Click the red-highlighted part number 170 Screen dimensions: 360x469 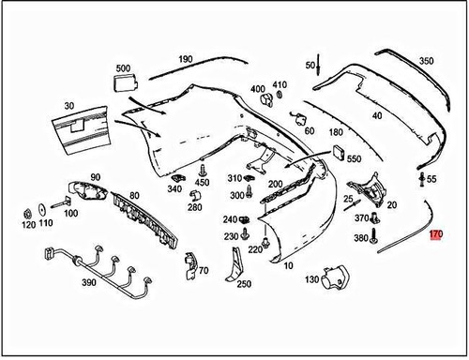(434, 235)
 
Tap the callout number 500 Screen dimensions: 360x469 (123, 68)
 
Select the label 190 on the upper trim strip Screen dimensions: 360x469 (185, 59)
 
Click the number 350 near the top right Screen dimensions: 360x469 (426, 61)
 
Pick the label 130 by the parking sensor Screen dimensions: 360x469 (311, 279)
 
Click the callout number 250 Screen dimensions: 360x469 (244, 284)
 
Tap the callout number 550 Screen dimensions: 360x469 (354, 159)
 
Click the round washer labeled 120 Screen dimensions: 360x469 (28, 209)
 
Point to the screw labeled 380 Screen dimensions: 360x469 (374, 235)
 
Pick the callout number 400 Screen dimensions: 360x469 (257, 90)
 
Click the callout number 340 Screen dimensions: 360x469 (174, 188)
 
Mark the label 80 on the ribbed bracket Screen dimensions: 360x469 (134, 196)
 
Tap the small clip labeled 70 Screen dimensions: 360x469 (190, 262)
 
